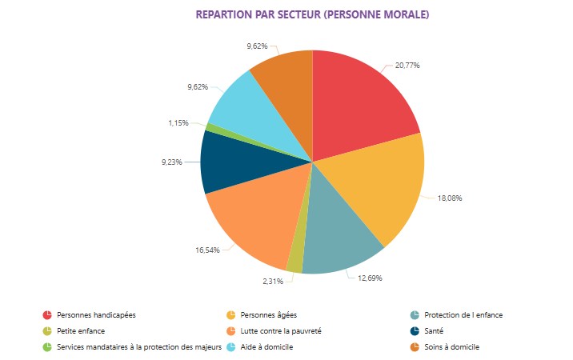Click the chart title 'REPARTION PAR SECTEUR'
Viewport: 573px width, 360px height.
click(x=312, y=14)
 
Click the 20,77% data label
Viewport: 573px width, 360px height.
click(x=408, y=65)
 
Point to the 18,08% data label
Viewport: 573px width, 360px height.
click(x=450, y=198)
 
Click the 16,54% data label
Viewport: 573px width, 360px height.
click(x=208, y=250)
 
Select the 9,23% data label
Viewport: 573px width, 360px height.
click(x=172, y=162)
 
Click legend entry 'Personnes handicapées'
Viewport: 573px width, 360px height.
click(x=97, y=314)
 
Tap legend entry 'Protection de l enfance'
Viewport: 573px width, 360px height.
click(x=463, y=314)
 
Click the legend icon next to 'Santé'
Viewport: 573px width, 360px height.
click(x=415, y=330)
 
